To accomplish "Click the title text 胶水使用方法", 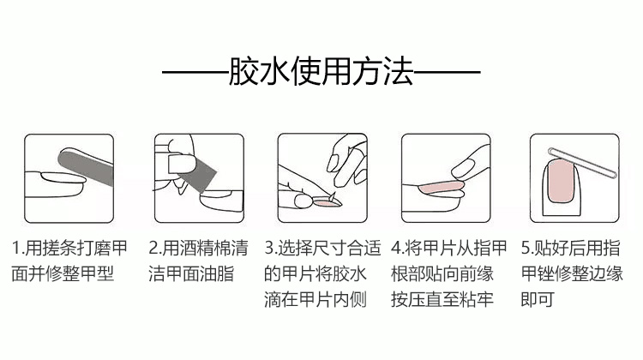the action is point(321,72).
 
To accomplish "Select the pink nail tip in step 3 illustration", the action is point(327,202).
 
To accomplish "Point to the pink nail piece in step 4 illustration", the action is point(439,189).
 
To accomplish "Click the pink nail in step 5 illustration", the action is point(561,181).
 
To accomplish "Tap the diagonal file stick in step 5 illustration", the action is point(583,162).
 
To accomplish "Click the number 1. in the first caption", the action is point(18,248).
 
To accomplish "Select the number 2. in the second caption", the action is point(155,248).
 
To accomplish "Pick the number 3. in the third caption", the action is point(271,248).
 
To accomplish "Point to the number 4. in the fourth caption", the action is point(397,248).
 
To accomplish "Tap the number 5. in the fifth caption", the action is point(527,248).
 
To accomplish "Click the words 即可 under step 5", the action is point(538,299).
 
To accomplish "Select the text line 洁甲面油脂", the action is point(191,274).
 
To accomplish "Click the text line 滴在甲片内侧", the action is point(315,299).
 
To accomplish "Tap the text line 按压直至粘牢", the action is point(442,299).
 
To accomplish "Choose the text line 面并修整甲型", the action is point(63,274).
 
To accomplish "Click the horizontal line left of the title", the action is point(195,73).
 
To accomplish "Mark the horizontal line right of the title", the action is point(447,73).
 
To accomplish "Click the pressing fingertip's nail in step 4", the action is point(463,169).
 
